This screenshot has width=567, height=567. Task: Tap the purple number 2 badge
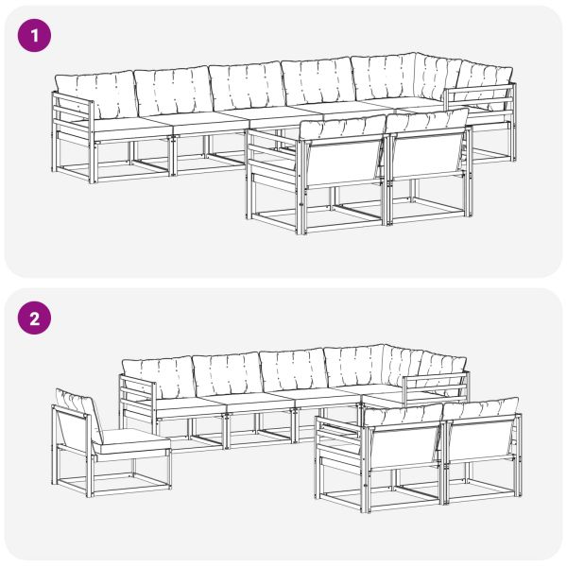pos(35,318)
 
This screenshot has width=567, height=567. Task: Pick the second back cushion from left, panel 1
pos(171,92)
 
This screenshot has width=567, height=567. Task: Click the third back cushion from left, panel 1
pos(246,87)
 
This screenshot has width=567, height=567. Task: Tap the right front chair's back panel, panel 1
pos(427,161)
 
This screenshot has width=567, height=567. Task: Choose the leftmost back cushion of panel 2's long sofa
pos(158,378)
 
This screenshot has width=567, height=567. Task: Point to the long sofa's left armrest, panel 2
pos(135,402)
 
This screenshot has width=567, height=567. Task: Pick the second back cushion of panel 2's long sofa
pos(227,374)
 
